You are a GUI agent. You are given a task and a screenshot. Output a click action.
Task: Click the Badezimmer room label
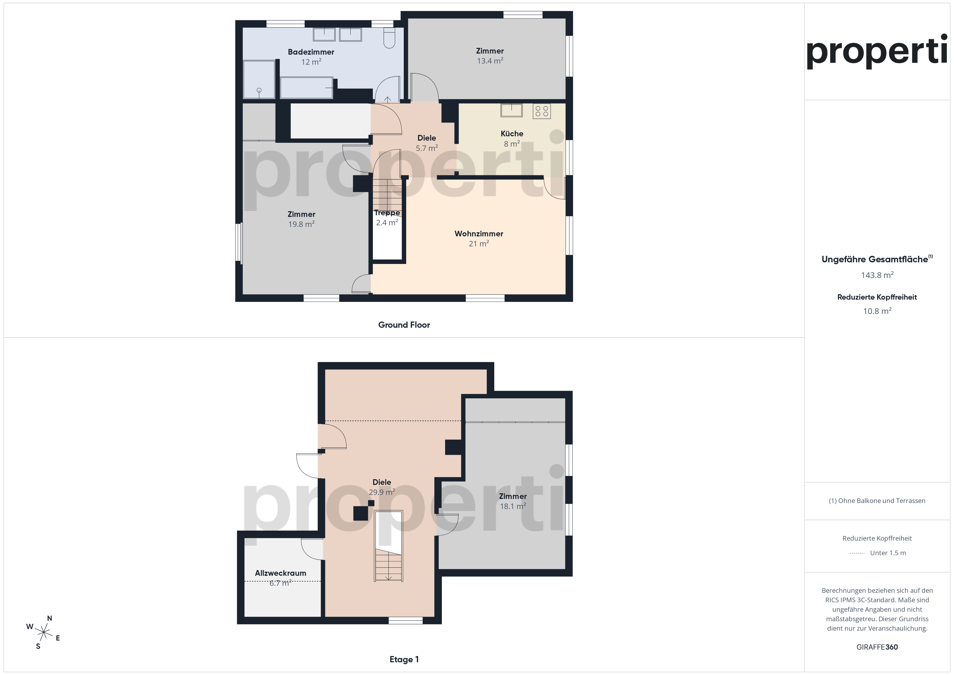tap(311, 52)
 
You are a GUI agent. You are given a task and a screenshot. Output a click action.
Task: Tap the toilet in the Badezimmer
tap(389, 38)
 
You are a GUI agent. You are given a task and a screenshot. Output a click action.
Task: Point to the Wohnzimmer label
tap(479, 234)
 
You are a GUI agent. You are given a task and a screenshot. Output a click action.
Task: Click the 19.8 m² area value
tap(301, 224)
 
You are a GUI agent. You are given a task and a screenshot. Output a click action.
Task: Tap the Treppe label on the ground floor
tap(387, 213)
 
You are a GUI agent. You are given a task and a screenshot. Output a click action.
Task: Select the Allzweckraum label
tap(280, 573)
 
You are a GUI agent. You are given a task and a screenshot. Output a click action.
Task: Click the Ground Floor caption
tap(404, 325)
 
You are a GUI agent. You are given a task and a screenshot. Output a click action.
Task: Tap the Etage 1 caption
tap(404, 659)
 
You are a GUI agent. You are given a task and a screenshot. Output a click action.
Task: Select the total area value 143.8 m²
tap(877, 275)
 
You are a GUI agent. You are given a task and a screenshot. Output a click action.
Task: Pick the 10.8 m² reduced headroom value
tap(877, 311)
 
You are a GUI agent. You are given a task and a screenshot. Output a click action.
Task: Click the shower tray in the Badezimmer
tap(259, 80)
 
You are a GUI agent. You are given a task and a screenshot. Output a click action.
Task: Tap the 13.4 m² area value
tap(490, 61)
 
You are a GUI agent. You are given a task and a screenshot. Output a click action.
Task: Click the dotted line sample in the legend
tap(856, 553)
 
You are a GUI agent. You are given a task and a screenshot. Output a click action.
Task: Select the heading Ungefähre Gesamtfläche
tap(875, 259)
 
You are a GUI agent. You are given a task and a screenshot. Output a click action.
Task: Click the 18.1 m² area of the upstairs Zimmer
tap(513, 506)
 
